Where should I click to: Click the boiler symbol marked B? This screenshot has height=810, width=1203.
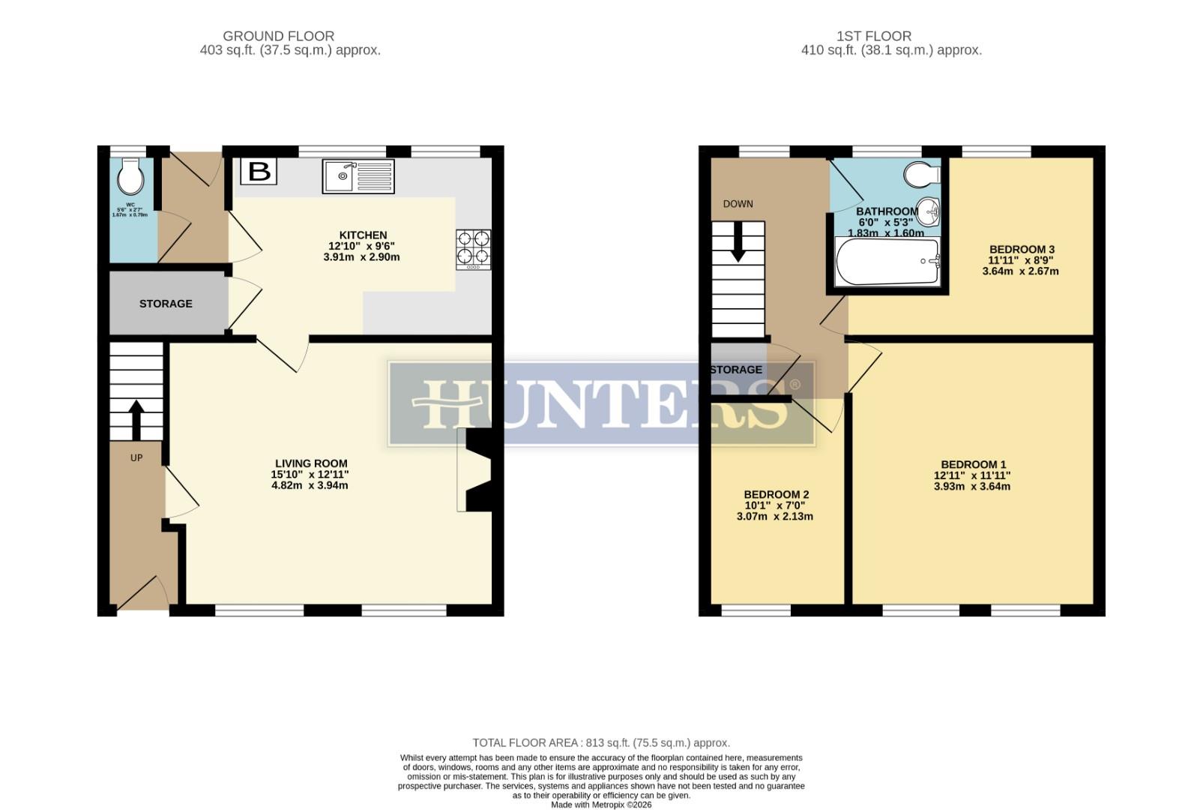(259, 172)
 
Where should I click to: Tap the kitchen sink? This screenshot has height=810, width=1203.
(358, 176)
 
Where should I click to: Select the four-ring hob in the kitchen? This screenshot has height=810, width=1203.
(474, 249)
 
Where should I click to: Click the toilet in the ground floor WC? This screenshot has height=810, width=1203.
(131, 177)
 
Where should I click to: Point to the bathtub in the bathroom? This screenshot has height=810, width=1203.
(887, 262)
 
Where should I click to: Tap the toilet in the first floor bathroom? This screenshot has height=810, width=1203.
(921, 175)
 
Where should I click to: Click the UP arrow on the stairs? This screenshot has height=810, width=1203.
(136, 420)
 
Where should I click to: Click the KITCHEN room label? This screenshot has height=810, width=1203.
(364, 235)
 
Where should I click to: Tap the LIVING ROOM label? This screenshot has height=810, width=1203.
(310, 463)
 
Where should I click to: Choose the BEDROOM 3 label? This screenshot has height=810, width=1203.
(1022, 250)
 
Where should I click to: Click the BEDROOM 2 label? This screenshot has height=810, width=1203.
(776, 495)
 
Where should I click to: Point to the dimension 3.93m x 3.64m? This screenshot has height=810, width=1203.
(972, 487)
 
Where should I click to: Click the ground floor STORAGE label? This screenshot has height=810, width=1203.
(166, 304)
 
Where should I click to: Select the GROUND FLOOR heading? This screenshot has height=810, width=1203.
(279, 36)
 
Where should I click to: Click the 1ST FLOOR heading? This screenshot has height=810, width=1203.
(874, 36)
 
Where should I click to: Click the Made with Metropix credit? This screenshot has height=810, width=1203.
(601, 805)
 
